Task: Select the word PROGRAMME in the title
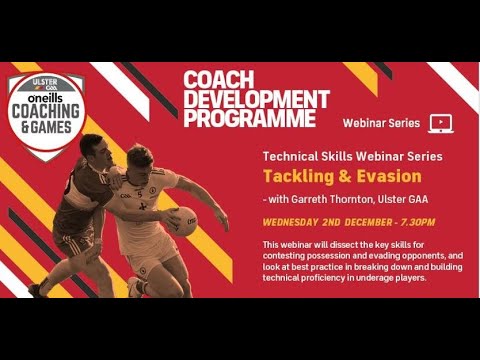[251, 119]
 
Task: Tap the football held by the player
[183, 220]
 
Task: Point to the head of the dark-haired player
[91, 150]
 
